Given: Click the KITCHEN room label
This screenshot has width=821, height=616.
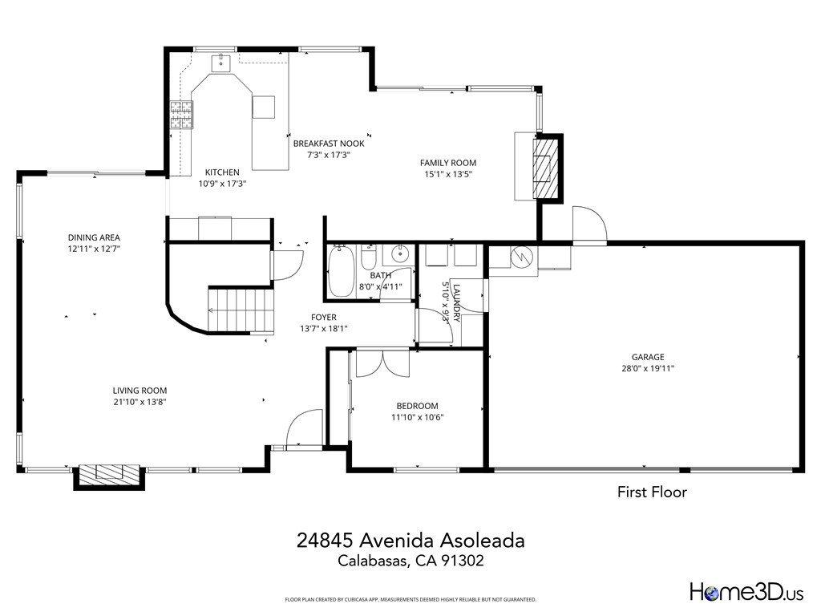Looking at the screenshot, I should coord(222,172).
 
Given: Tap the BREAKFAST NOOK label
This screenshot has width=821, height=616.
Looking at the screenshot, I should coord(329,144).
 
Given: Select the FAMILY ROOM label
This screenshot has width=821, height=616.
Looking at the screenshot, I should coord(448,163).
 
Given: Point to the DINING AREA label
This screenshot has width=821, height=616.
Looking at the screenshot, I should coord(94,237).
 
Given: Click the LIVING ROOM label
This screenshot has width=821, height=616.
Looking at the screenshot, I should coord(140,391).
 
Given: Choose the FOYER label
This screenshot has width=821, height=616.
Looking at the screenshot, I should coord(324,318).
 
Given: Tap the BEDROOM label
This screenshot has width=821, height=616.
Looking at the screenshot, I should coord(417,406).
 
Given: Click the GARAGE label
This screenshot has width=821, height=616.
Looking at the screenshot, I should coord(648,357).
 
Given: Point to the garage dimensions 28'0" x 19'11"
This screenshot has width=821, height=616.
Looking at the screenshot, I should coord(648,369).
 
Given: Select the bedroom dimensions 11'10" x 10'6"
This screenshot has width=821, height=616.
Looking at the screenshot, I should coord(417,417).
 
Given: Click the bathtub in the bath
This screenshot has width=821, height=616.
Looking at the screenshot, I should coord(342,272).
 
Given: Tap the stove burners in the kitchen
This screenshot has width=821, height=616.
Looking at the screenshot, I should coord(181,115).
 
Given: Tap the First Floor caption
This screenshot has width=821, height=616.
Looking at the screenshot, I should coord(651,492).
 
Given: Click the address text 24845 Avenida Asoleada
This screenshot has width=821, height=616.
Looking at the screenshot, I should coord(410,541).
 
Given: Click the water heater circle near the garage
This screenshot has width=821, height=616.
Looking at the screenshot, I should coord(521,257).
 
